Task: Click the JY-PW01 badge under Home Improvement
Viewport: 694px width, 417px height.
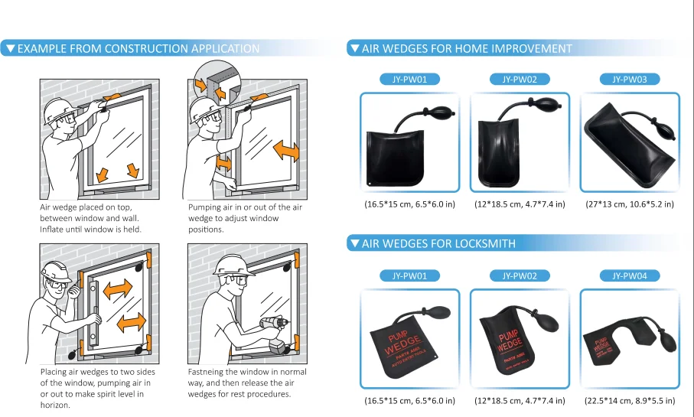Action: click(409, 79)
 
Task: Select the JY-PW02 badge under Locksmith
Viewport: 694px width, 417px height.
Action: click(520, 275)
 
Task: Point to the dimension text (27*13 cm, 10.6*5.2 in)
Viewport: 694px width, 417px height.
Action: click(630, 204)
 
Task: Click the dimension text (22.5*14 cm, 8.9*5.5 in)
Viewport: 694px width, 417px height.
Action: click(630, 400)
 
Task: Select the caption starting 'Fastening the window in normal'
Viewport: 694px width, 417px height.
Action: click(247, 383)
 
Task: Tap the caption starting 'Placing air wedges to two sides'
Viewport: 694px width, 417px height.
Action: click(95, 388)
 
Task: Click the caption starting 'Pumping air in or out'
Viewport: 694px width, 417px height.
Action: click(245, 218)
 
